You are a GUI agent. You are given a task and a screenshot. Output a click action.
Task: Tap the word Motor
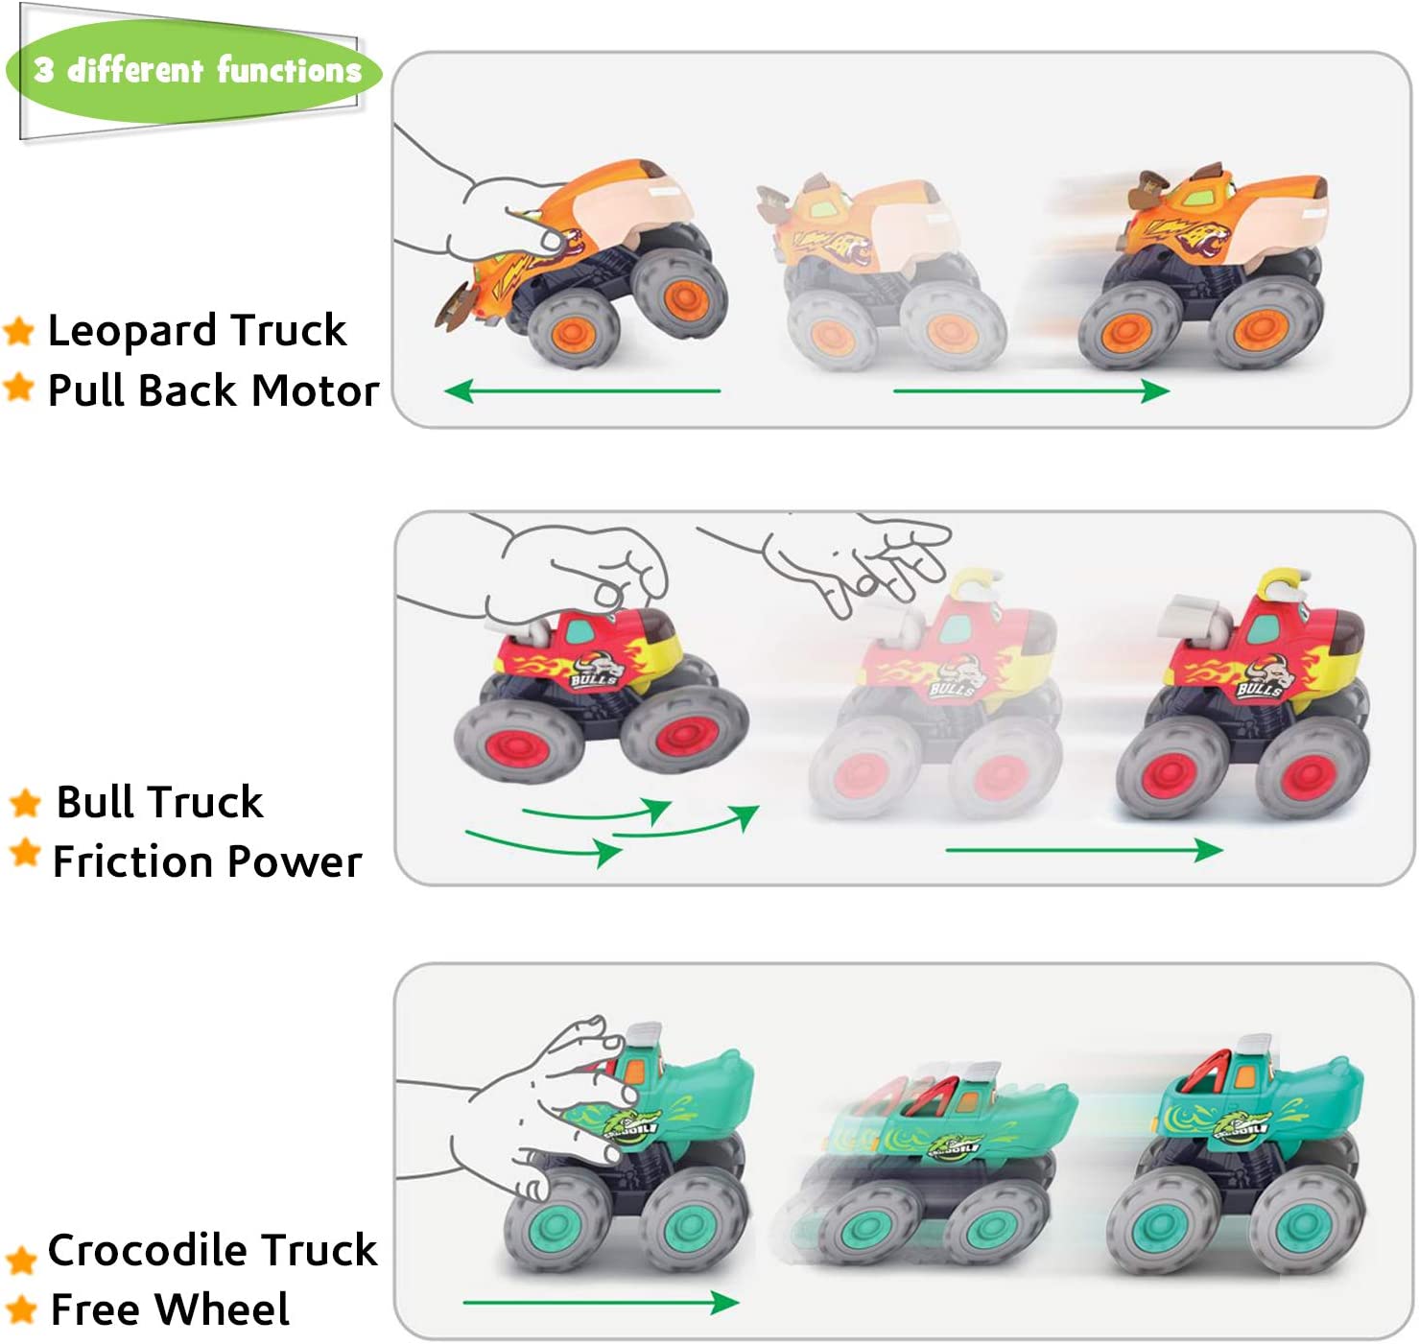[315, 390]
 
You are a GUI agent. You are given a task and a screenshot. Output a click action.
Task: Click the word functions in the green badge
[289, 71]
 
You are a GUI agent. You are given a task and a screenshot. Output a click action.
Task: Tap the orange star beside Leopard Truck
[19, 331]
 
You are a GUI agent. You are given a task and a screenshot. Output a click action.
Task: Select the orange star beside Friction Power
[25, 852]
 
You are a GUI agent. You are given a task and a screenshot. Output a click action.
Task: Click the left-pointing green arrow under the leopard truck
[581, 391]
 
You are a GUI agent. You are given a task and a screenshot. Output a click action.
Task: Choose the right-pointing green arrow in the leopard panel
[1030, 391]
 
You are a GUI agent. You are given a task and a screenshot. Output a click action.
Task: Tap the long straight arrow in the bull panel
[1082, 850]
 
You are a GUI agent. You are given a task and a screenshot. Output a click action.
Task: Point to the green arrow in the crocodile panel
[601, 1302]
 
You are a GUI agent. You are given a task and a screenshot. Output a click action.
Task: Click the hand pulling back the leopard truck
[491, 209]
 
